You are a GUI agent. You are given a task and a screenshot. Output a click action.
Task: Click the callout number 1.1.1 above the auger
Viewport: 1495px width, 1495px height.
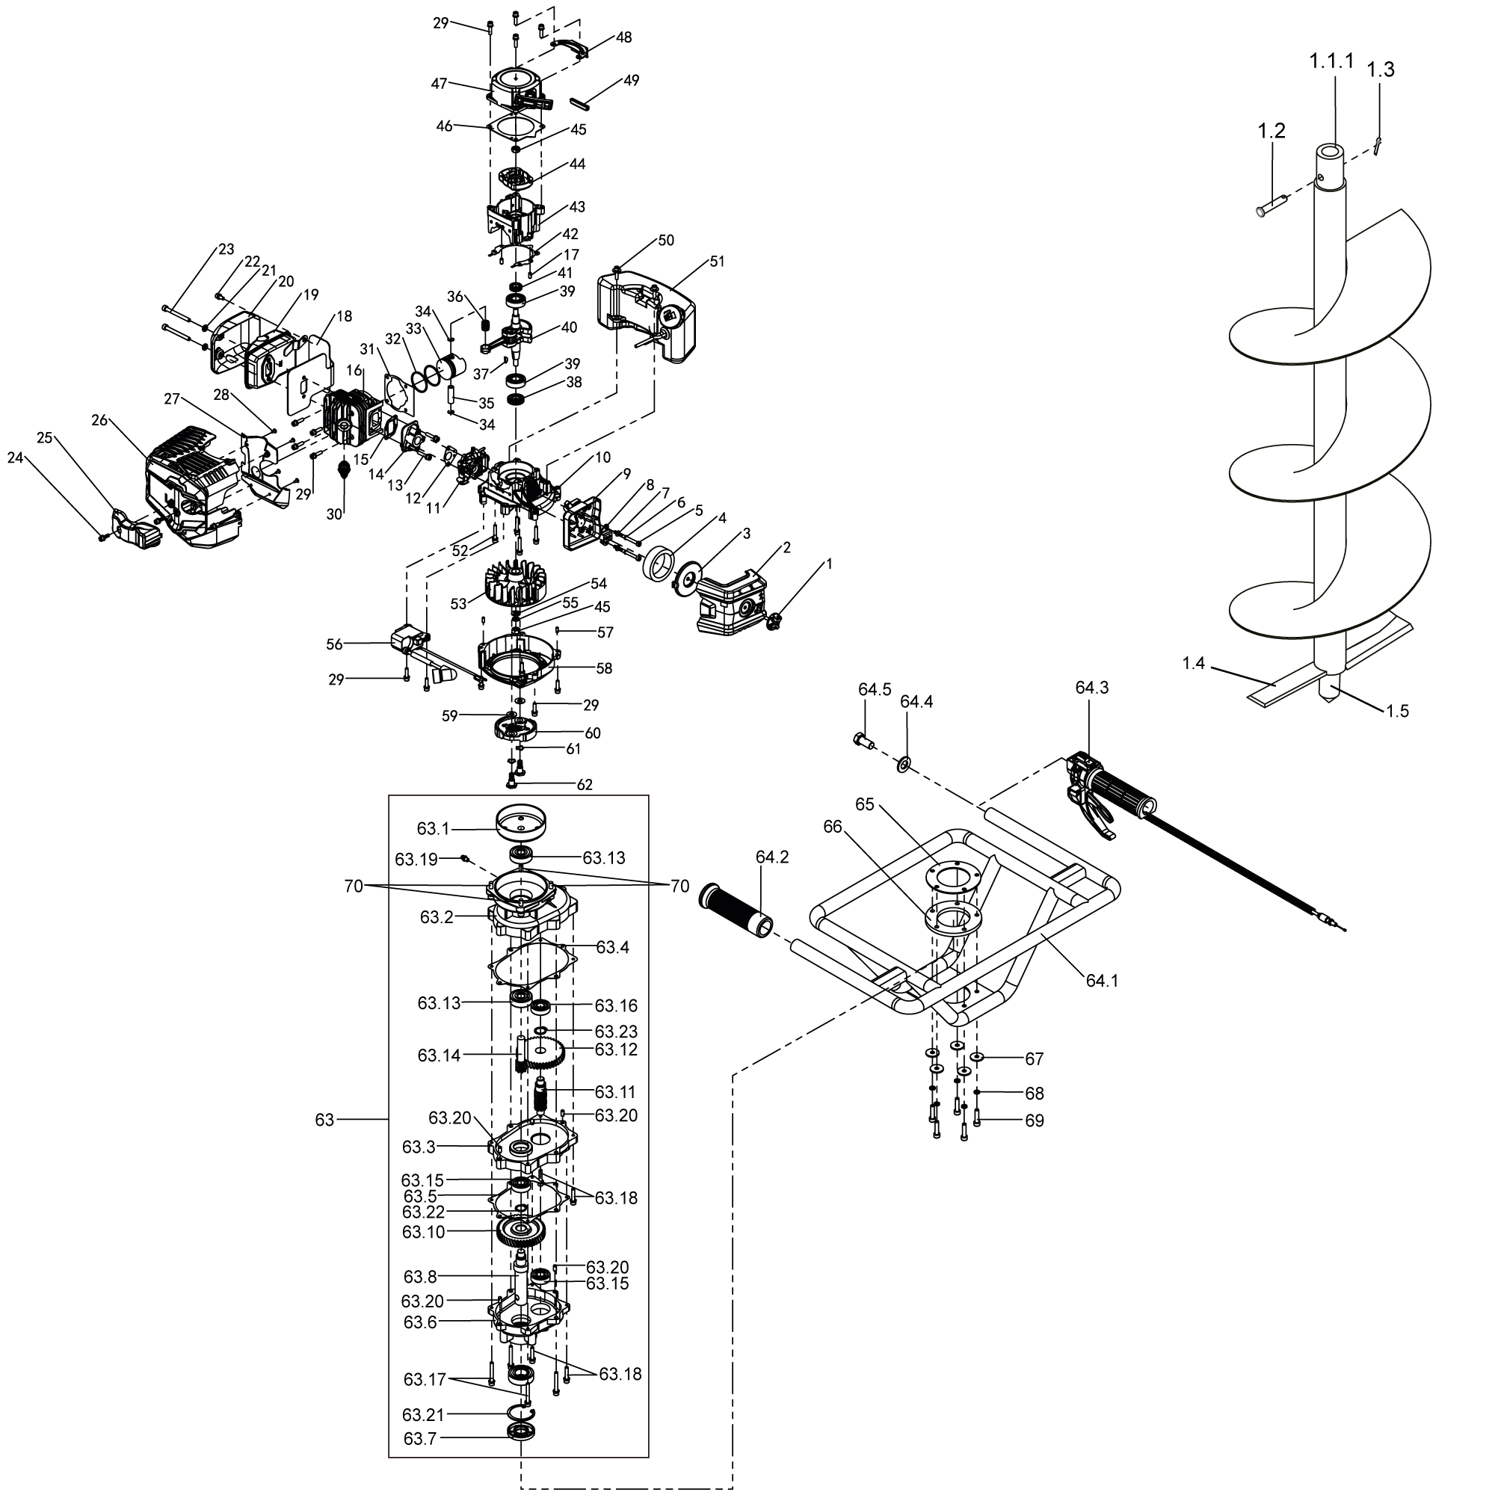pyautogui.click(x=1331, y=61)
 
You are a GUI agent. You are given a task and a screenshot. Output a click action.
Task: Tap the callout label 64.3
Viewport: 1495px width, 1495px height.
pyautogui.click(x=1092, y=687)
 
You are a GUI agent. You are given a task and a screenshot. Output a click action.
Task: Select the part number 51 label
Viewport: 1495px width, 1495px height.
pyautogui.click(x=718, y=262)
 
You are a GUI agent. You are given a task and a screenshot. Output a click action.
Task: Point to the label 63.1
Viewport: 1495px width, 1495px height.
pyautogui.click(x=433, y=829)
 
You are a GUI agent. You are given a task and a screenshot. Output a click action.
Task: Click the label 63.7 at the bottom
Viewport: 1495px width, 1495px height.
pyautogui.click(x=419, y=1437)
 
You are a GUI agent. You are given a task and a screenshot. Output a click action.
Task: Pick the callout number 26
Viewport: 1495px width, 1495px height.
pyautogui.click(x=100, y=420)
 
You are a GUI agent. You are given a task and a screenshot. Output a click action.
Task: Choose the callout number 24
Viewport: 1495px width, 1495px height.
pyautogui.click(x=16, y=458)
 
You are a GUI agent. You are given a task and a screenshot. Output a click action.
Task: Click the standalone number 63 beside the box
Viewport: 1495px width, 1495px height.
pyautogui.click(x=325, y=1120)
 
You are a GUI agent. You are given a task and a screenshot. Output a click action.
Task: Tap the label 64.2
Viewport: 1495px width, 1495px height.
pyautogui.click(x=772, y=857)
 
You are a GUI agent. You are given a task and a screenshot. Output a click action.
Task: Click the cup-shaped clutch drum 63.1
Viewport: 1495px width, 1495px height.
pyautogui.click(x=521, y=822)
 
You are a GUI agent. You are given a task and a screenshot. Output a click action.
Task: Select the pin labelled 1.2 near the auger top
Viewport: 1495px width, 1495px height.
pyautogui.click(x=1273, y=206)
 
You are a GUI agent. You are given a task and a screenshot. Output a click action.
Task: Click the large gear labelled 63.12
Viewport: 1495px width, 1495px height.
pyautogui.click(x=547, y=1055)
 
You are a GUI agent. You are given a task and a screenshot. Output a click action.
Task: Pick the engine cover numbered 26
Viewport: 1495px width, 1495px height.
pyautogui.click(x=193, y=487)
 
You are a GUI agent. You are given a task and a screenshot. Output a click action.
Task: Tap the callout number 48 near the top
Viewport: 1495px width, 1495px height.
pyautogui.click(x=623, y=37)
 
